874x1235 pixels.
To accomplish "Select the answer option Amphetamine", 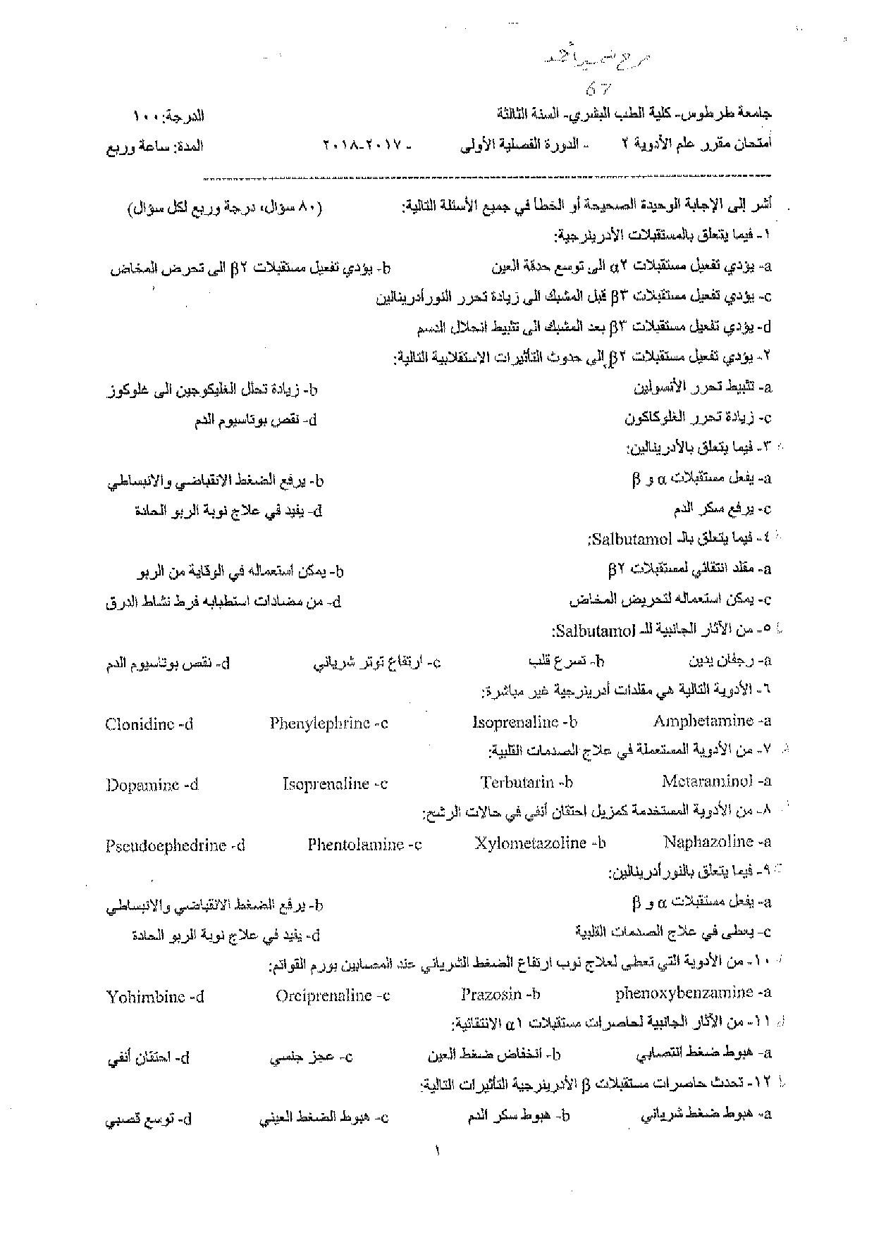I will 703,721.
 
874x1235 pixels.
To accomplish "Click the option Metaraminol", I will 707,781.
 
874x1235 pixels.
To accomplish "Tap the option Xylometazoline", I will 530,843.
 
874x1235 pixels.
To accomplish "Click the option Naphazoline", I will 708,841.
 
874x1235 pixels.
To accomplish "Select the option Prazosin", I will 491,994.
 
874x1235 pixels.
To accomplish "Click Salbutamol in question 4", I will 630,540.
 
